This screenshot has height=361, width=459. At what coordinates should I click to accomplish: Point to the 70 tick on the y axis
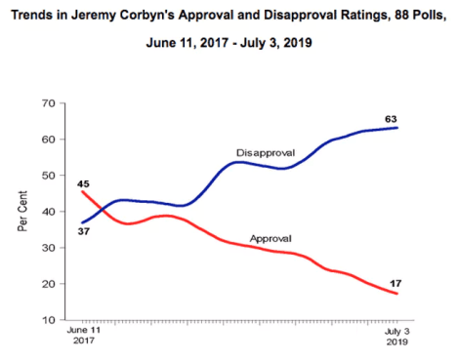46,103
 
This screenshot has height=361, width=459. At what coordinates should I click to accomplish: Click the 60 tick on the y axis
46,140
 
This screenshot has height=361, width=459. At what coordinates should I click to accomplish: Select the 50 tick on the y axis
46,176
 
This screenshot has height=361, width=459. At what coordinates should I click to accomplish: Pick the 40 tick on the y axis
46,212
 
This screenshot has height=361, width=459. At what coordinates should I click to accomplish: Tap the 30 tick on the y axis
46,248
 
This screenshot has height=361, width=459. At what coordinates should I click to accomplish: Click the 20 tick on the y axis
46,284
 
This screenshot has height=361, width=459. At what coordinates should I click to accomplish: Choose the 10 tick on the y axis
46,320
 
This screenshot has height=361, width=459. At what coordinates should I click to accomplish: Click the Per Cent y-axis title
21,212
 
